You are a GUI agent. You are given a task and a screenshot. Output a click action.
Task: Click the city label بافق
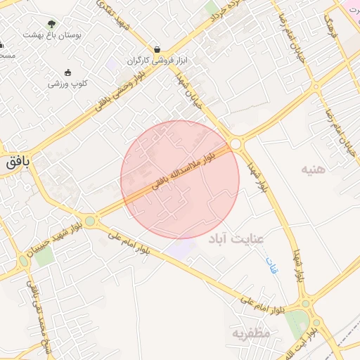(18, 162)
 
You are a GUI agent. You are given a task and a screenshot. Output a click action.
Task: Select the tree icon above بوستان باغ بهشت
(50, 23)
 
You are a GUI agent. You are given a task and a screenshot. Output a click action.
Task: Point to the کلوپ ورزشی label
(67, 83)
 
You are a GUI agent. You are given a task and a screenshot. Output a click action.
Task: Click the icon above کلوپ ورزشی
(67, 72)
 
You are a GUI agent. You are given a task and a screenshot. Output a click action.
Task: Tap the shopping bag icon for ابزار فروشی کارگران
(156, 50)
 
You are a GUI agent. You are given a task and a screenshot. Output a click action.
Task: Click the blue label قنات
(271, 265)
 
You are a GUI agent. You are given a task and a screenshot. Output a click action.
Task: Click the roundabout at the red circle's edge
(236, 144)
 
